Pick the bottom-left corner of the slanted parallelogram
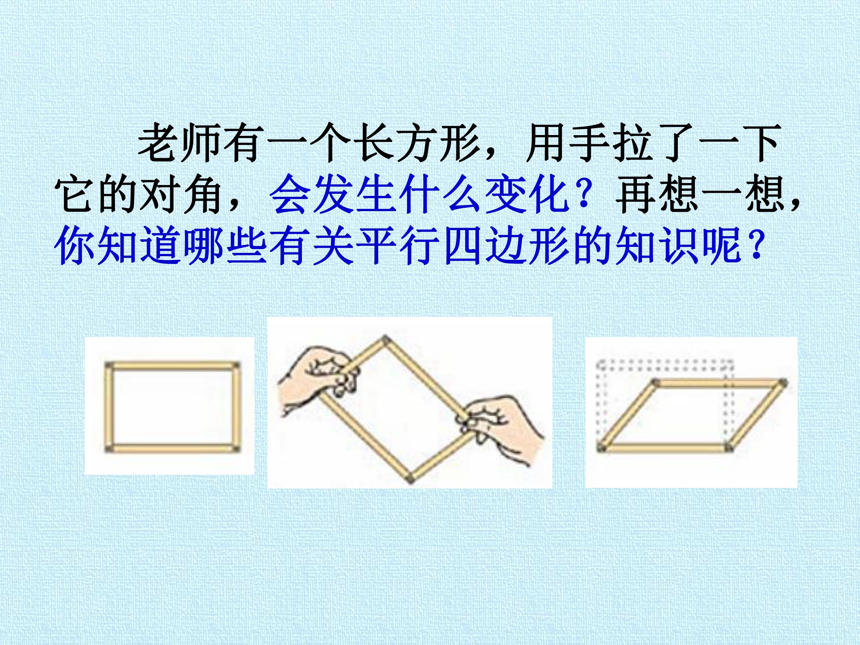coord(601,448)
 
